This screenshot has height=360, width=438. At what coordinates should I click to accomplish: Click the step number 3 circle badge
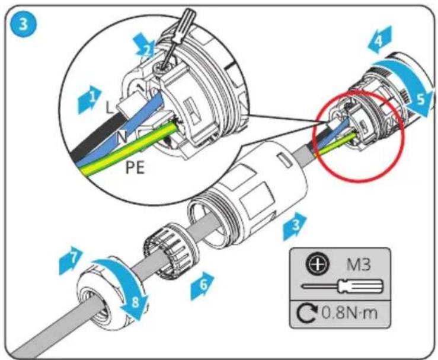[24, 24]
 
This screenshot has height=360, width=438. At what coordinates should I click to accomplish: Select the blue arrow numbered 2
[145, 46]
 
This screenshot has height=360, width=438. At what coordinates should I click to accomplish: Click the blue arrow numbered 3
[295, 226]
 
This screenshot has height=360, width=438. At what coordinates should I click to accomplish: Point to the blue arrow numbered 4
[380, 39]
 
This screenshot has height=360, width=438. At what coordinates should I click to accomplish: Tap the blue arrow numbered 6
[202, 286]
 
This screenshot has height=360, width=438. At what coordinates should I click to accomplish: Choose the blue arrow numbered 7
[71, 261]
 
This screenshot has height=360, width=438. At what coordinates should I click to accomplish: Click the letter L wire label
[110, 107]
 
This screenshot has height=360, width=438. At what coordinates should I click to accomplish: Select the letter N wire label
[122, 137]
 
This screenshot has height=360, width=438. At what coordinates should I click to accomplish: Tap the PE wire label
[135, 168]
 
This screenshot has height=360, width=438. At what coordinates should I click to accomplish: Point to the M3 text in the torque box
[359, 265]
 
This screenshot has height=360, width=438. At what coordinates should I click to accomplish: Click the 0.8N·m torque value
[350, 313]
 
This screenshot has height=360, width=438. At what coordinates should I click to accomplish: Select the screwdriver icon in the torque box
[343, 286]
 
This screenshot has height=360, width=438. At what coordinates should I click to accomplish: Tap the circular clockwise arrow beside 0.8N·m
[308, 313]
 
